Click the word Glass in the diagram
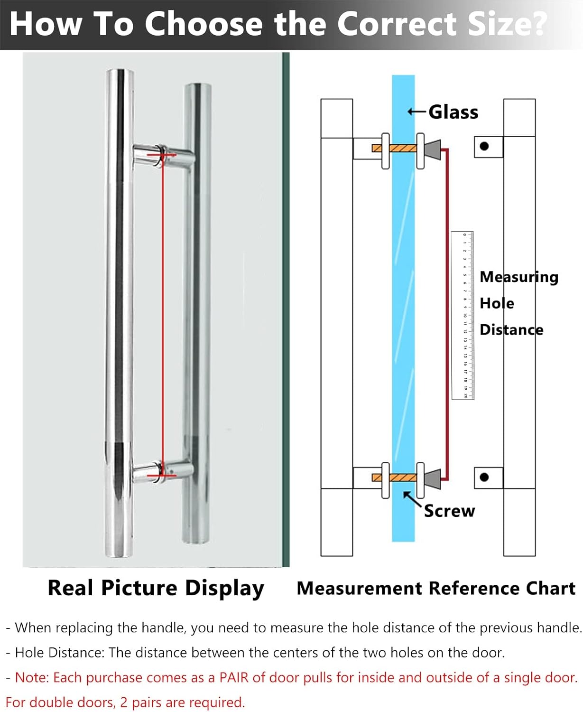(x=453, y=112)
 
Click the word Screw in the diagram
(x=449, y=511)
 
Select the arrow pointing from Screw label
(x=412, y=500)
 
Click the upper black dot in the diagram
(x=484, y=146)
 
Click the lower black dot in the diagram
(x=484, y=477)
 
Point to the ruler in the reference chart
(x=463, y=316)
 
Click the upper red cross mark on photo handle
(x=161, y=155)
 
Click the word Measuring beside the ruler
(x=519, y=277)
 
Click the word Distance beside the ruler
(x=511, y=329)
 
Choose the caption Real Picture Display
(x=156, y=588)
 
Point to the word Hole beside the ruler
(x=497, y=303)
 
